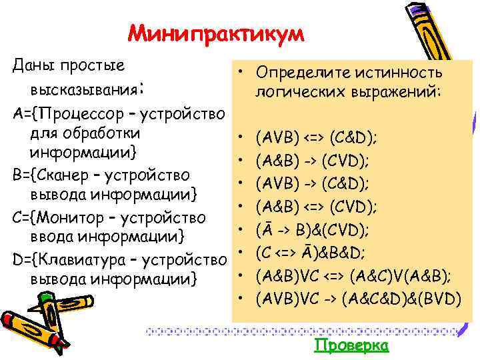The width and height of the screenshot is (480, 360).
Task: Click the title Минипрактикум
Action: pyautogui.click(x=215, y=33)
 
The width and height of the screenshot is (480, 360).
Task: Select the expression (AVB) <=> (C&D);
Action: pyautogui.click(x=317, y=138)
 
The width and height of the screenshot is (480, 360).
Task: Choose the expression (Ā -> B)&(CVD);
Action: pyautogui.click(x=312, y=230)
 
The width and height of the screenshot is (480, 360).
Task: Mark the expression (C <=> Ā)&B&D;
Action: pyautogui.click(x=312, y=253)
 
